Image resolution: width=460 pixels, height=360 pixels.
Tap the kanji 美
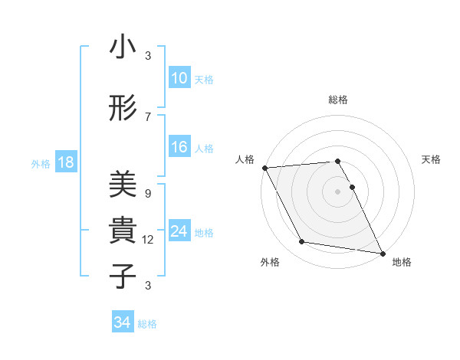pos(123,185)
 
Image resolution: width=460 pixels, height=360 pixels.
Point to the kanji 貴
pos(123,231)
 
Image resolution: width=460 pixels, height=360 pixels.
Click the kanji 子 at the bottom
pos(123,277)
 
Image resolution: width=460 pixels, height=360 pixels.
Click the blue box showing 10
pos(179,78)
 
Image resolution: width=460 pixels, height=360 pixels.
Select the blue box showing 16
pos(179,147)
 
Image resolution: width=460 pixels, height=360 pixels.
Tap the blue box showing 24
pos(179,231)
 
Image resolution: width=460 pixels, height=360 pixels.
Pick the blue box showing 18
pos(65,162)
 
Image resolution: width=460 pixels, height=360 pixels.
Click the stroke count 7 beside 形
pos(148,117)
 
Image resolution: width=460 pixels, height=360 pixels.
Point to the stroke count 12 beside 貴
pos(148,240)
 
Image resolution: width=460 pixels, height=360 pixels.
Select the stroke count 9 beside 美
pos(148,194)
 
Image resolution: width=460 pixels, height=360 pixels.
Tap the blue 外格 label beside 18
pos(41,163)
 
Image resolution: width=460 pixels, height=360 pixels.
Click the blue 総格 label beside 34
pos(147,323)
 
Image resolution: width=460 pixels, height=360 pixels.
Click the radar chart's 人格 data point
pos(264,168)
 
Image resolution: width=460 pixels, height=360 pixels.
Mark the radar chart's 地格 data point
pos(382,252)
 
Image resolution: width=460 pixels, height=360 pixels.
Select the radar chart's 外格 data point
pos(302,242)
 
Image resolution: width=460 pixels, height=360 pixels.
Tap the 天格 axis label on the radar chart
pos(431,159)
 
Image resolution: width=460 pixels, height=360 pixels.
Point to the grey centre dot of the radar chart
pos(338,191)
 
